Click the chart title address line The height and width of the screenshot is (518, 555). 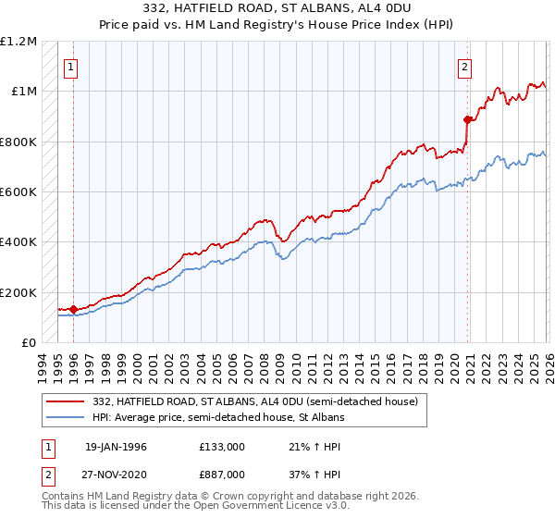[277, 8]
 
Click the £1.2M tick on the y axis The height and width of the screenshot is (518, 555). [19, 42]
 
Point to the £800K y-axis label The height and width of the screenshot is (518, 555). [18, 142]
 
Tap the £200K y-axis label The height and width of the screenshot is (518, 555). [18, 292]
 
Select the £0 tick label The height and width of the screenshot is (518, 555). [30, 342]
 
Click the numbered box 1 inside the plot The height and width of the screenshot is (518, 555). [71, 66]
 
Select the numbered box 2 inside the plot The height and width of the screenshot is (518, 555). [464, 66]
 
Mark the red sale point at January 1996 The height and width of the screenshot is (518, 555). [74, 309]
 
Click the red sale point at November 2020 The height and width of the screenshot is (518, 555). [467, 119]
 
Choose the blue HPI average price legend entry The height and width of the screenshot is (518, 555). [217, 418]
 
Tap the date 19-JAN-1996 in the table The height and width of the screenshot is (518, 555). [116, 447]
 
